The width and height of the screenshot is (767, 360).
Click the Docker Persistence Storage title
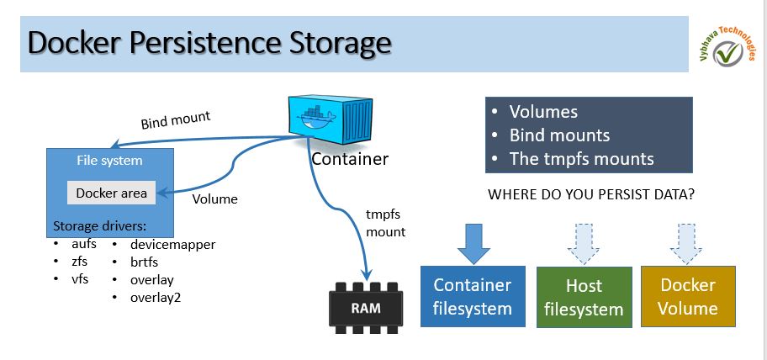coord(209,41)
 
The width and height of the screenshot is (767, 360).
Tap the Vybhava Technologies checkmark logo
coord(722,52)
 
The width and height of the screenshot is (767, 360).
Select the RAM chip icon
coord(365,307)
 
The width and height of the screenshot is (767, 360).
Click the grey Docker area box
coord(112,193)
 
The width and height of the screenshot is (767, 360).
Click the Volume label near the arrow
coord(215,199)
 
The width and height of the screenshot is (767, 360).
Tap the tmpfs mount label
coord(386,223)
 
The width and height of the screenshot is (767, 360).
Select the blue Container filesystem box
coord(473,297)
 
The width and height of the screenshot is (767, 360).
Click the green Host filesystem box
coord(584,297)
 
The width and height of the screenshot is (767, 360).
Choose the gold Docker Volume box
coord(688,297)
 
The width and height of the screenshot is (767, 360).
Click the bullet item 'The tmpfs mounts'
coord(581,158)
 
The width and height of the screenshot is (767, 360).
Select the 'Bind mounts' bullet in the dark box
coord(559,135)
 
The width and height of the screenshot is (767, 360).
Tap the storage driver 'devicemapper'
coord(172,245)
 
